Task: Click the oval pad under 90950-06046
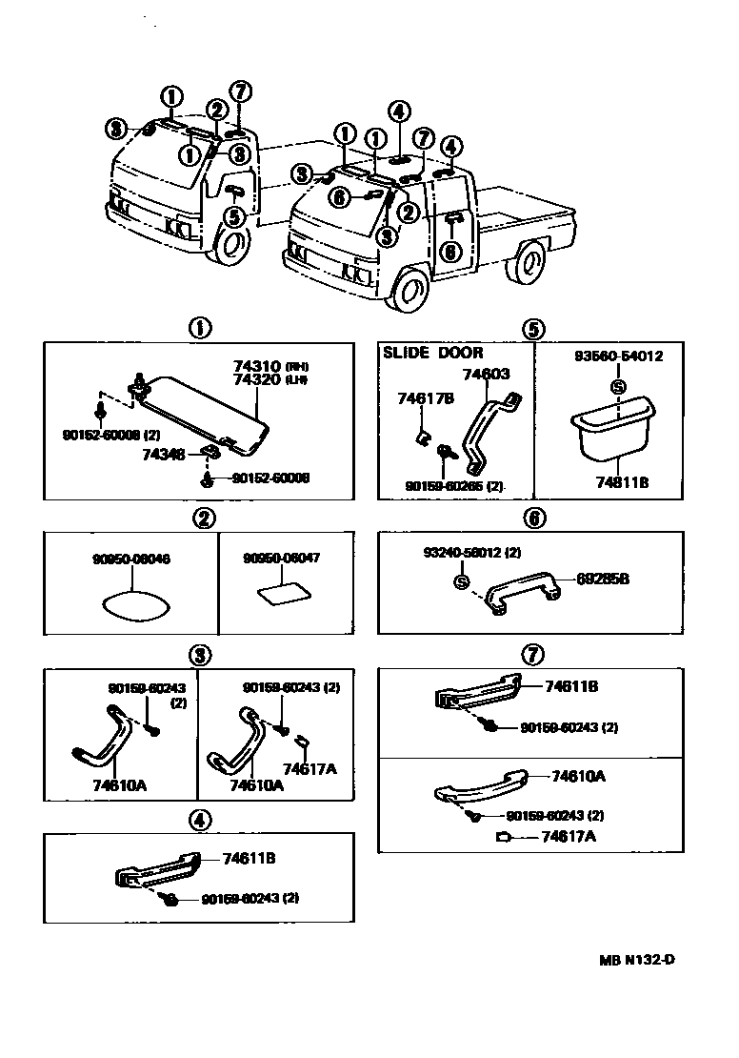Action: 131,603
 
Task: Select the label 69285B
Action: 603,579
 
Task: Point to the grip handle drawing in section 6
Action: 521,597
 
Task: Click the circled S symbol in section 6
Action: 460,581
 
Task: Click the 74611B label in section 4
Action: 249,858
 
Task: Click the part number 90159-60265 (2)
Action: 454,486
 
